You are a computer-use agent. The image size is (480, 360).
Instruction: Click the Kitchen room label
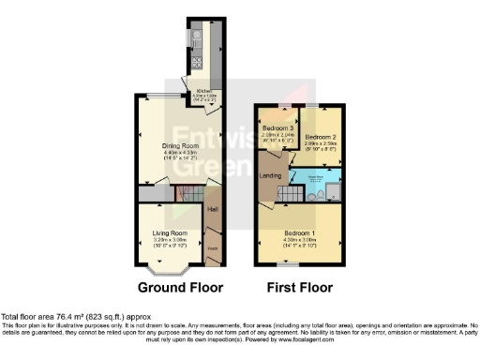pos(204,91)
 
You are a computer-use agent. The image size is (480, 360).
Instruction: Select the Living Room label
pos(171,232)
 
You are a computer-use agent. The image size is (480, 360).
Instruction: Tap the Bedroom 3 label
pos(277,128)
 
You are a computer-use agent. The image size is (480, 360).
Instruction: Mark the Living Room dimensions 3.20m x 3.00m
pos(171,241)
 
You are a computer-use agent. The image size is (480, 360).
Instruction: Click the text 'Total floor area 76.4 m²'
pos(47,317)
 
